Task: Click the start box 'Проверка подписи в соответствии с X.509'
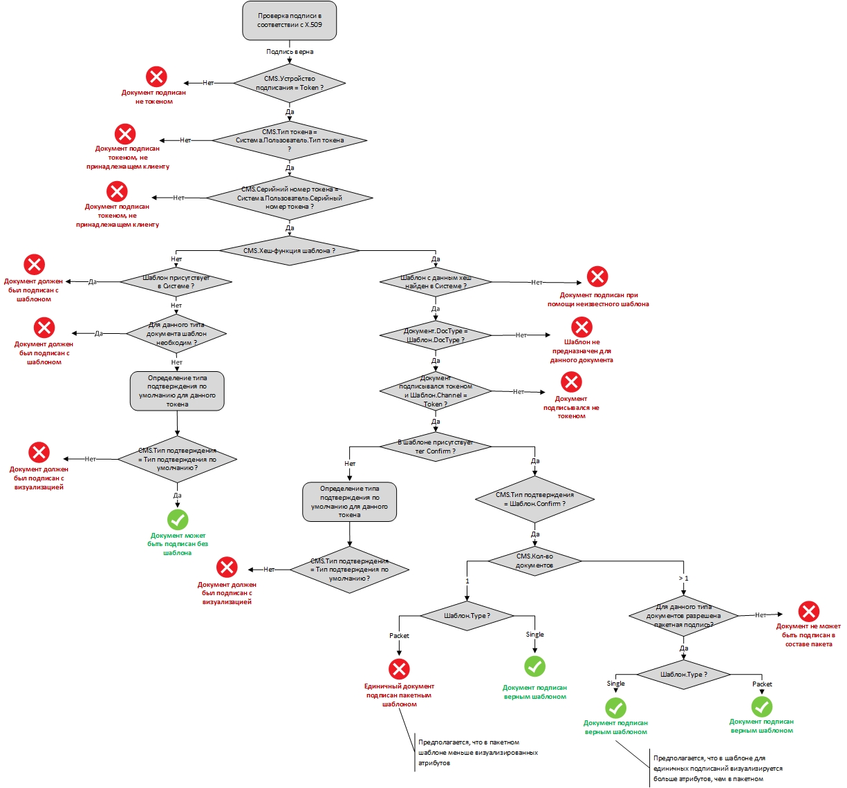(x=290, y=21)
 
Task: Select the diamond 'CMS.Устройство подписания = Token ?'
(x=290, y=83)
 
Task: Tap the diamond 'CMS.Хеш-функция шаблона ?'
(x=290, y=251)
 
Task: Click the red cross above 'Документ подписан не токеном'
(x=156, y=77)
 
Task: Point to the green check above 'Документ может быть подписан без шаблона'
(x=178, y=520)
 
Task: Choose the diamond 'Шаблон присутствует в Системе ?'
(x=176, y=282)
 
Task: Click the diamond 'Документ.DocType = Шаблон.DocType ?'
(x=436, y=335)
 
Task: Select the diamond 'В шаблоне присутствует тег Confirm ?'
(x=436, y=447)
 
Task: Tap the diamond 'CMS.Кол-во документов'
(x=534, y=561)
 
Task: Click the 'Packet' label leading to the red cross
(x=399, y=636)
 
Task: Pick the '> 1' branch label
(x=684, y=578)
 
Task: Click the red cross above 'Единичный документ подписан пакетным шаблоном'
(x=399, y=669)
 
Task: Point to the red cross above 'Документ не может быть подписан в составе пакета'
(x=808, y=612)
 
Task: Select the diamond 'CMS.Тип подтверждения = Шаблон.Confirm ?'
(x=534, y=499)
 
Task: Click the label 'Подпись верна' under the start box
(x=290, y=52)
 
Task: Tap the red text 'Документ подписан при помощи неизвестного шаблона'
(x=598, y=299)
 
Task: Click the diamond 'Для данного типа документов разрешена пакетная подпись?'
(x=684, y=616)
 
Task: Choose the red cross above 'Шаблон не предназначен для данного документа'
(x=581, y=328)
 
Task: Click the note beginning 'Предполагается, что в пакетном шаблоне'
(x=477, y=753)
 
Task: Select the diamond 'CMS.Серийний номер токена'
(x=290, y=198)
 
